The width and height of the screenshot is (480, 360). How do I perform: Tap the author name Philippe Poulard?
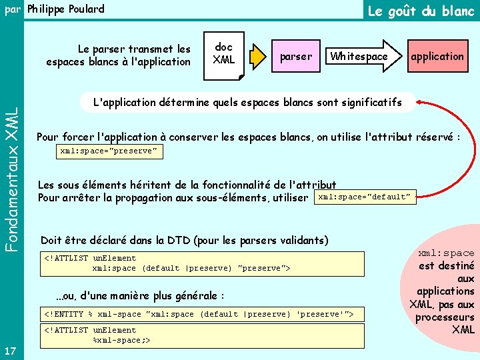[65, 9]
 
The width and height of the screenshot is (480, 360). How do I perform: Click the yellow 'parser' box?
[295, 57]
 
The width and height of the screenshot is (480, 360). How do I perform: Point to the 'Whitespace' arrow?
[360, 57]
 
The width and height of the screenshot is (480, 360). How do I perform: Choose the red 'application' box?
[437, 57]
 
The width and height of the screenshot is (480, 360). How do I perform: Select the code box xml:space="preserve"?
[109, 151]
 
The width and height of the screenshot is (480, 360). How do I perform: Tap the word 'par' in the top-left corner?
[11, 9]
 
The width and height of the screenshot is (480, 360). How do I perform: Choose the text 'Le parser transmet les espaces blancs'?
[119, 55]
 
